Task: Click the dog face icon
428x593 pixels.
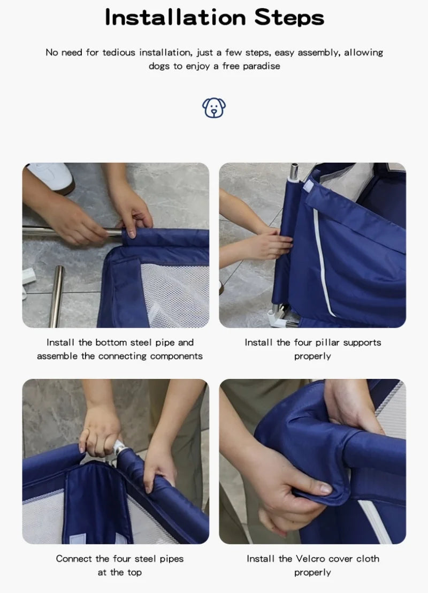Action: click(x=214, y=108)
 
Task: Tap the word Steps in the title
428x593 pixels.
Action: click(x=289, y=17)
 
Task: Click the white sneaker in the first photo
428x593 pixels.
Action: click(x=51, y=177)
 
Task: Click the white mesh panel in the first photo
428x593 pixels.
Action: click(x=177, y=294)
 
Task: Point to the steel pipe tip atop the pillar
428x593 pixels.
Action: click(x=294, y=172)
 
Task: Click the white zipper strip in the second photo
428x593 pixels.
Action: click(x=320, y=262)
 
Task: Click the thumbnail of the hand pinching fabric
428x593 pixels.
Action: click(x=312, y=461)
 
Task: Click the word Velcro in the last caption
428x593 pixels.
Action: click(x=310, y=558)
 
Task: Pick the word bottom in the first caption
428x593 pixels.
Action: click(x=112, y=342)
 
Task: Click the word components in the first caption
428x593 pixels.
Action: click(x=177, y=356)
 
